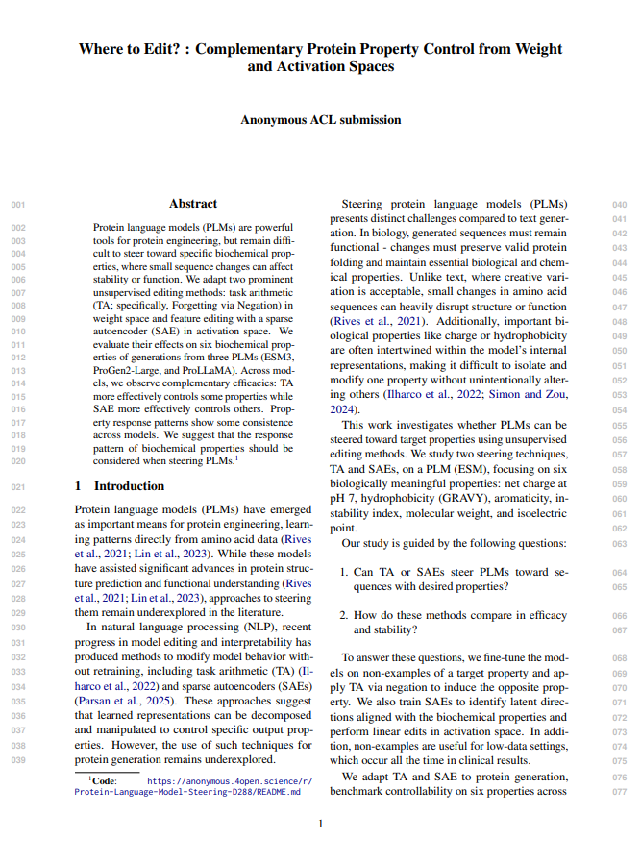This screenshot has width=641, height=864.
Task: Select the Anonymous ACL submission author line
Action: coord(320,120)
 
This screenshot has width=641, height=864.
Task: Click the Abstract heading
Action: coord(193,204)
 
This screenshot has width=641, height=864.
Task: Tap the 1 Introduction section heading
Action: coord(115,486)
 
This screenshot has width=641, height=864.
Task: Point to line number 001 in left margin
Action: coord(18,205)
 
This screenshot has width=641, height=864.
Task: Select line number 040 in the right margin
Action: coord(620,205)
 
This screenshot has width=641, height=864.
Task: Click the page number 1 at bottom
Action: coord(320,824)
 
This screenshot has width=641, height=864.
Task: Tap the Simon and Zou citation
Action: coord(531,394)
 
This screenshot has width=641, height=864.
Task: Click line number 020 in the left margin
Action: coord(18,461)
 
